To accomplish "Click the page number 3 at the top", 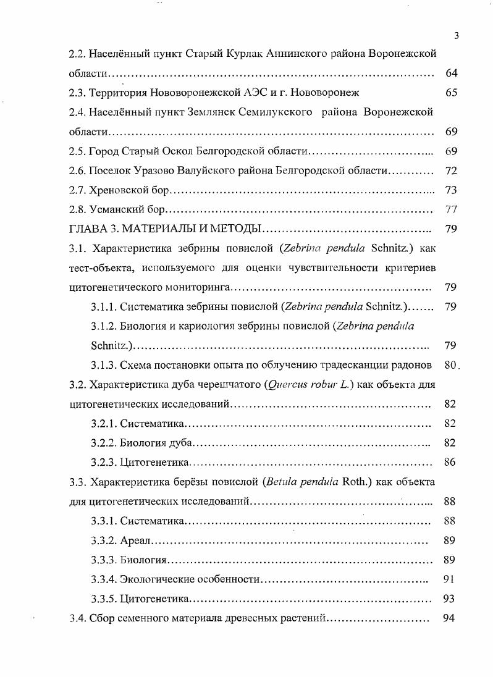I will pos(456,35).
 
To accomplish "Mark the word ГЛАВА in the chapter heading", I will pos(88,229).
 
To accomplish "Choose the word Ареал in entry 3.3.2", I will pos(135,540).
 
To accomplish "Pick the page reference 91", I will pos(450,579).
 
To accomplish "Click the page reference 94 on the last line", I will pos(450,618).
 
